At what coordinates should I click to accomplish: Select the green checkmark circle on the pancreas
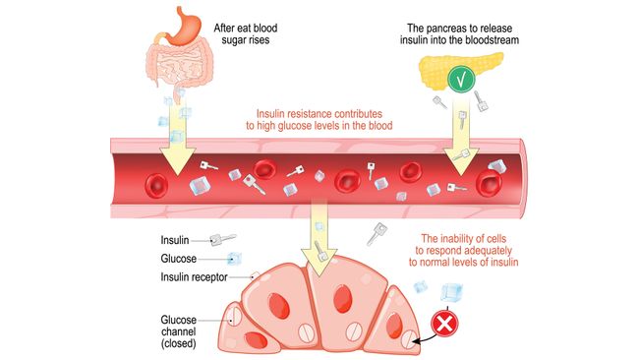pos(458,77)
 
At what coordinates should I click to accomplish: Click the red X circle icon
pos(445,323)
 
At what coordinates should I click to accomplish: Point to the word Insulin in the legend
pos(177,239)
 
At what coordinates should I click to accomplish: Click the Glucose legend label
pos(180,259)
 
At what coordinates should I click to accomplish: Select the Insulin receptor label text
pos(195,277)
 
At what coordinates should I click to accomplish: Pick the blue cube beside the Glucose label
pos(234,259)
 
